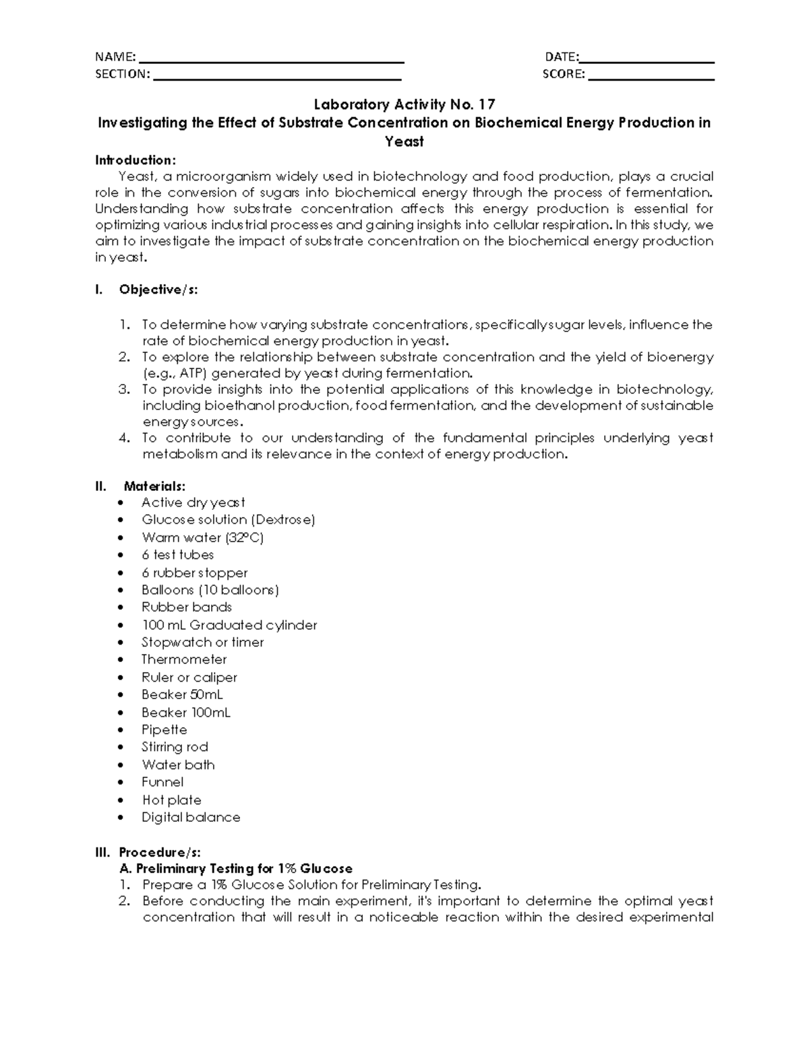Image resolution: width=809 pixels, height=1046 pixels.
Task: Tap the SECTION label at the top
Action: coord(122,74)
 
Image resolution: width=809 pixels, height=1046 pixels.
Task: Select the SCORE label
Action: coord(564,74)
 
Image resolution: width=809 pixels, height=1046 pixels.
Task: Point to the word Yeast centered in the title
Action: coord(404,141)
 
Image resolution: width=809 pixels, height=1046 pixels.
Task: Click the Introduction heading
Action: coord(135,160)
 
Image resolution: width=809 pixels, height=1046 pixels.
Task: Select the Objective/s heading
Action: coord(158,290)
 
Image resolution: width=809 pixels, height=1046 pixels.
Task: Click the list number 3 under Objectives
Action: coord(123,389)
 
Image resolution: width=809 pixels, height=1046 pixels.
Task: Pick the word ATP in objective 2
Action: coord(192,373)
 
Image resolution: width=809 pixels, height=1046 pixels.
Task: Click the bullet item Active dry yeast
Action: coord(193,502)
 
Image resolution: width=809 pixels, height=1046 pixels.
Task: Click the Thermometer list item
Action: coord(184,659)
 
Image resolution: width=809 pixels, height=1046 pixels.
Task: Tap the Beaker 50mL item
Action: coord(182,694)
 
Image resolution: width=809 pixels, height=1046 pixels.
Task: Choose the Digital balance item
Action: coord(191,817)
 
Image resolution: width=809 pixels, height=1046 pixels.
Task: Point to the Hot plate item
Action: coord(171,800)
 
